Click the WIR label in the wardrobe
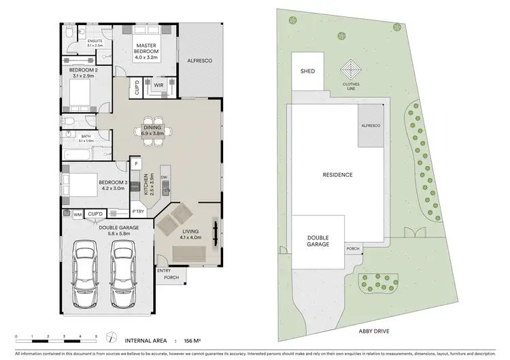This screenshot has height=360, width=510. point(158,85)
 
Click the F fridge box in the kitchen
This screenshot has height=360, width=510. point(136,165)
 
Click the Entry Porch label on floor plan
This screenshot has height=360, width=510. point(164,274)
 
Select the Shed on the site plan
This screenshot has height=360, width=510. point(308,71)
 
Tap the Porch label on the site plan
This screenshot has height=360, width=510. point(352,248)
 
